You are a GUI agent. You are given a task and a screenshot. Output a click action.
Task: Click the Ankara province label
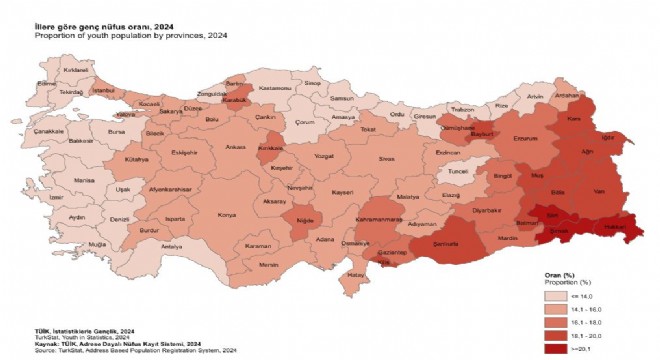(x=236, y=148)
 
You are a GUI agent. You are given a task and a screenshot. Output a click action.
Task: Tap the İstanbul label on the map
(x=105, y=90)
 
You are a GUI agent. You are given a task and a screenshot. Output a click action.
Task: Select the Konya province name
(x=227, y=214)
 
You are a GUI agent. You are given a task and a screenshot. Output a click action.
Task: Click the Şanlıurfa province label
(x=456, y=242)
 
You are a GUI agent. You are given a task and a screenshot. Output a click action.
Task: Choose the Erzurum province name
(x=524, y=139)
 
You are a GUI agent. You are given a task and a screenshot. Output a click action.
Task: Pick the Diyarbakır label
(x=487, y=211)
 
